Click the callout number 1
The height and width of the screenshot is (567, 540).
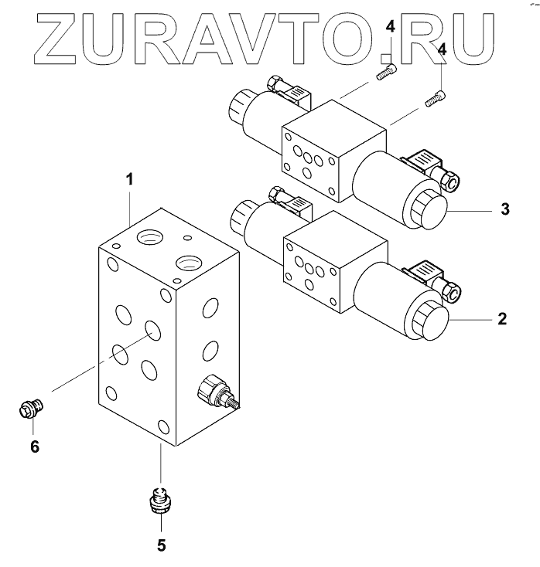pyautogui.click(x=130, y=179)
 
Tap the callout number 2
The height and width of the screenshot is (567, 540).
pyautogui.click(x=501, y=318)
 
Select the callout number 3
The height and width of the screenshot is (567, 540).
pyautogui.click(x=504, y=209)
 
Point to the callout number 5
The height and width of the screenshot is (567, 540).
pyautogui.click(x=161, y=545)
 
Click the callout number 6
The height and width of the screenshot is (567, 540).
pyautogui.click(x=33, y=446)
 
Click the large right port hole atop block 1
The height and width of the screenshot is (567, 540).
pyautogui.click(x=188, y=263)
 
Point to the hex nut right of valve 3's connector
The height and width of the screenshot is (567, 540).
pyautogui.click(x=449, y=181)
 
